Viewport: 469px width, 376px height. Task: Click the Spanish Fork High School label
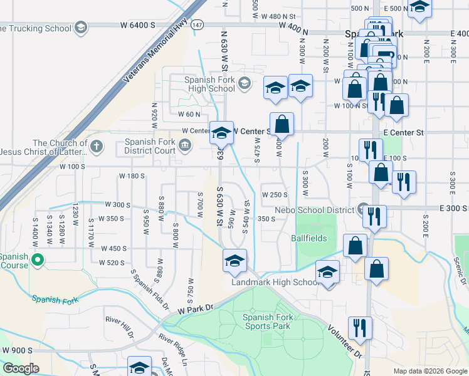[209, 84]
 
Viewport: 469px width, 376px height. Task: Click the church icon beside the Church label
[95, 147]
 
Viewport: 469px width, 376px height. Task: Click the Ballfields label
[309, 238]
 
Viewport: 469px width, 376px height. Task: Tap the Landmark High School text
[276, 283]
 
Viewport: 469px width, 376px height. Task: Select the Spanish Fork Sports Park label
[266, 321]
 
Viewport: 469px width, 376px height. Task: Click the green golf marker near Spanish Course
[38, 259]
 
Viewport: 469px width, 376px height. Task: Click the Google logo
[20, 368]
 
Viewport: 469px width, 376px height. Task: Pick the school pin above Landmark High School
[327, 273]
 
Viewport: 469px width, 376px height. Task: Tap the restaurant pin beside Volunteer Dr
[360, 327]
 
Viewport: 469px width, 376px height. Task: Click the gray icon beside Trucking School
[80, 28]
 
